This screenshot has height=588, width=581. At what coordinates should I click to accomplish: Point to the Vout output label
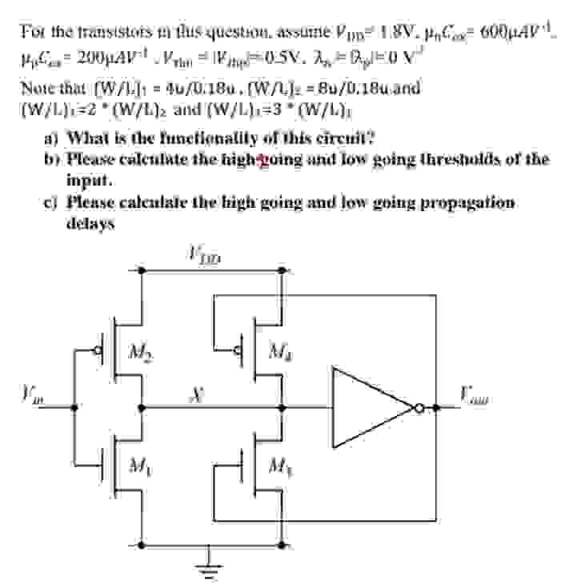pyautogui.click(x=476, y=394)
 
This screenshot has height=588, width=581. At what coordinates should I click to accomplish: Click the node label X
pyautogui.click(x=194, y=394)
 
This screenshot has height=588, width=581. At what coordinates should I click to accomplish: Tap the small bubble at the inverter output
pyautogui.click(x=418, y=408)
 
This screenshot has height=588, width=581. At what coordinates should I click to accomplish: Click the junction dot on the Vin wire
pyautogui.click(x=74, y=408)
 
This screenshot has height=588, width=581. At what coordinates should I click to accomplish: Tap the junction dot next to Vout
pyautogui.click(x=436, y=408)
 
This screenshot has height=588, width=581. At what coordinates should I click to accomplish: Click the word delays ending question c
pyautogui.click(x=90, y=224)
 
